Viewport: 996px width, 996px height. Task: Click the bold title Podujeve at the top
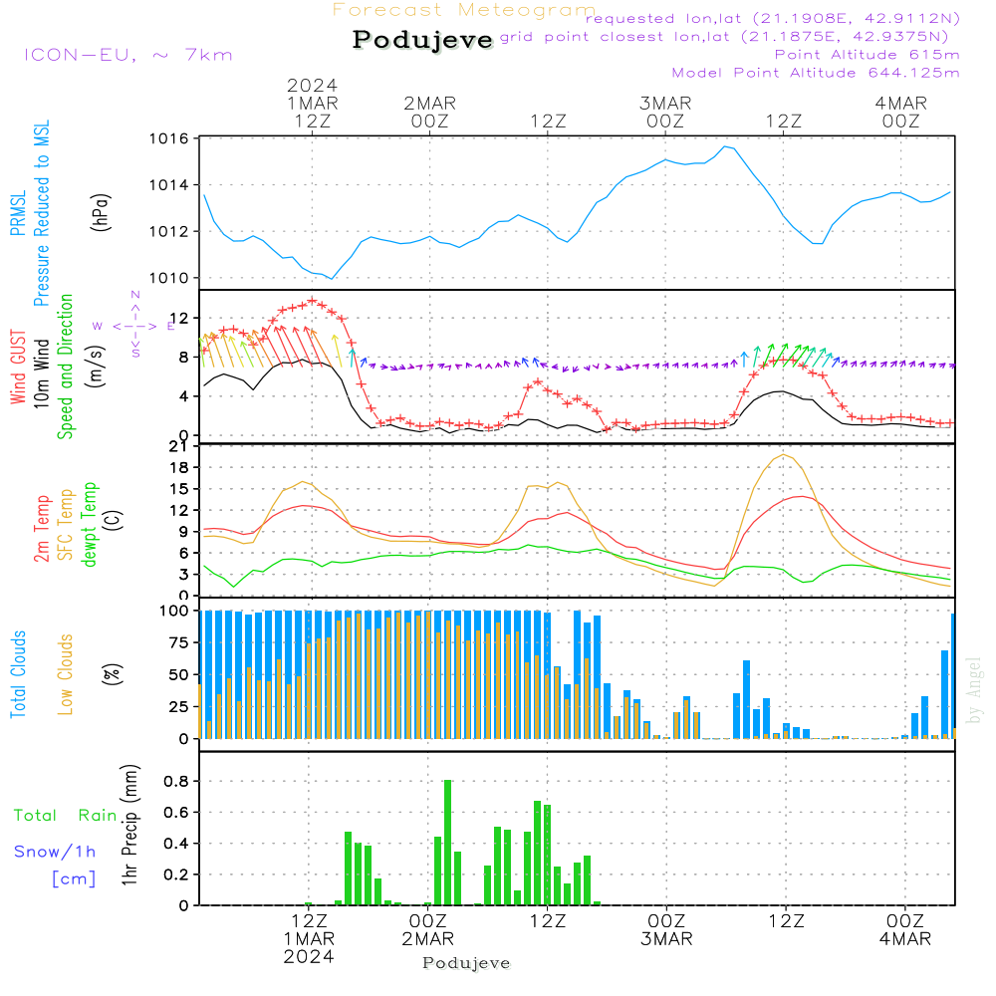[422, 40]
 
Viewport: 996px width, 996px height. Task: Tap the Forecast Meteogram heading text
[464, 10]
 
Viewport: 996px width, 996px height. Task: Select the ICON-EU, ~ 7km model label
[127, 55]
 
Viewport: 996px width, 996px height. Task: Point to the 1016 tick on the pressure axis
[171, 138]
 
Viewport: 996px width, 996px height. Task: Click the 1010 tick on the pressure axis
[171, 278]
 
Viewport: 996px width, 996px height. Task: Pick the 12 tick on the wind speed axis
[181, 317]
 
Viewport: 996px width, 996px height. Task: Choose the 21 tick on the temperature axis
[181, 445]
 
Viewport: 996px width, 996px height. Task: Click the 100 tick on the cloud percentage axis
[175, 611]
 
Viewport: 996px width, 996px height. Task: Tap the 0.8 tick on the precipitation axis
[177, 781]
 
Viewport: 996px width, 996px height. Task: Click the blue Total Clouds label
[19, 673]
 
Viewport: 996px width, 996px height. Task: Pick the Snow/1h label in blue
[55, 852]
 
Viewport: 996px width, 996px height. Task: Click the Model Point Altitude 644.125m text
[816, 73]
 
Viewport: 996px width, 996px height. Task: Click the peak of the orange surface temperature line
[785, 455]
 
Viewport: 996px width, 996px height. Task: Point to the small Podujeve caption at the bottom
[466, 963]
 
